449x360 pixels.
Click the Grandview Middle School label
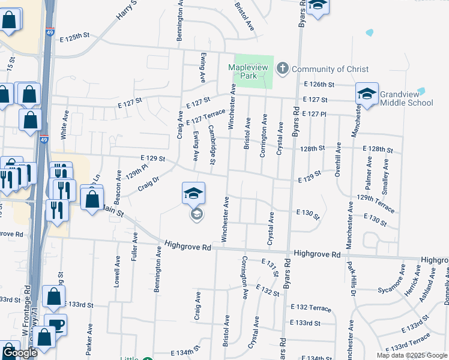coord(406,98)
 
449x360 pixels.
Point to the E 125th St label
coord(74,37)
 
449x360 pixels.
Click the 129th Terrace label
coord(375,203)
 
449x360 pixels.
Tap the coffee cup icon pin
coord(56,324)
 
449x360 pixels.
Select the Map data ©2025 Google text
coord(411,355)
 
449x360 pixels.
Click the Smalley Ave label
coord(385,171)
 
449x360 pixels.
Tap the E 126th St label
coord(318,85)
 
